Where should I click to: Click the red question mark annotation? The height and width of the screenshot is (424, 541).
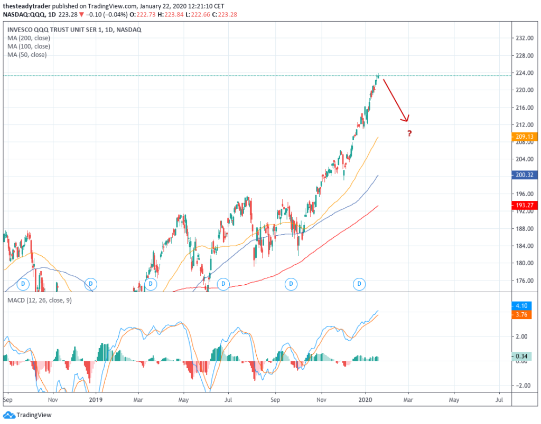click(x=409, y=133)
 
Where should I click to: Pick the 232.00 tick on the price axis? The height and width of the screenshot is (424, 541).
click(x=523, y=38)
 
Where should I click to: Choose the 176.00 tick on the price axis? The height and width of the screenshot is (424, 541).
click(x=523, y=281)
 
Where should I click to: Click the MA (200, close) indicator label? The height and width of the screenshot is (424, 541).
click(x=28, y=38)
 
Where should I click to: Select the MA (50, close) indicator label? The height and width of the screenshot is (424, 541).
click(x=26, y=55)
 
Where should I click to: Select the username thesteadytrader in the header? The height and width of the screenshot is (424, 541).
click(x=27, y=5)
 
